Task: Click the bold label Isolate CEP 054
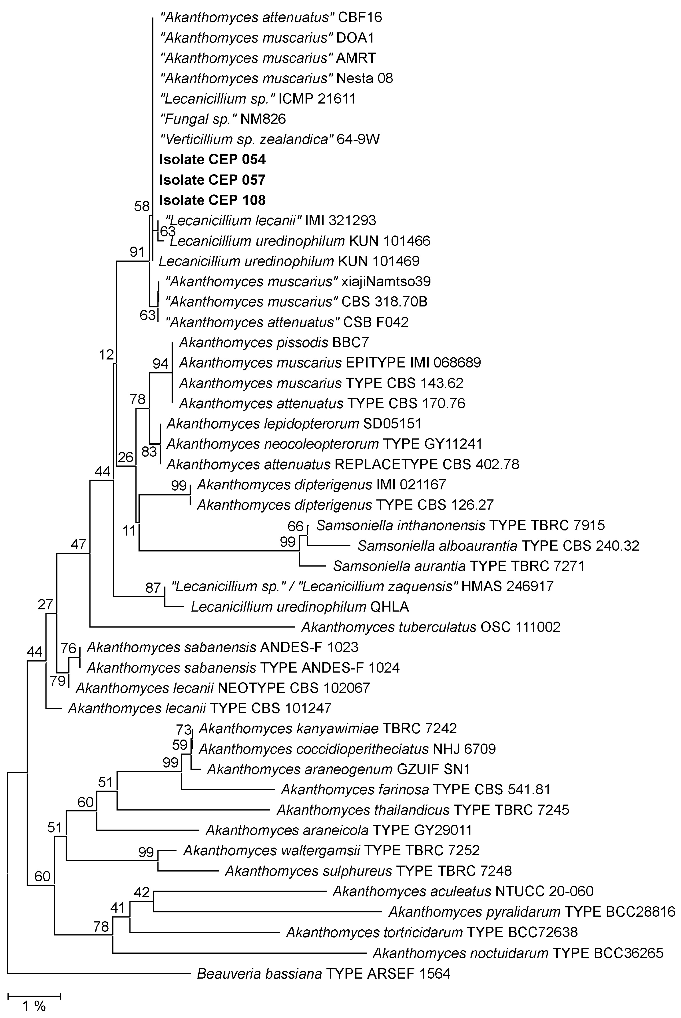point(212,160)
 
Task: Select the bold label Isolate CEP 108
point(212,200)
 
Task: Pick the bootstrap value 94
point(160,364)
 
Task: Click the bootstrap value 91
point(137,252)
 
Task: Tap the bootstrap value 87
point(153,588)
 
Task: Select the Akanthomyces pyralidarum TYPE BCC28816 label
point(532,912)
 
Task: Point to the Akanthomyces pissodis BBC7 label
point(274,343)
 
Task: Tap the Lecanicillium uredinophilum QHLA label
point(300,606)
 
